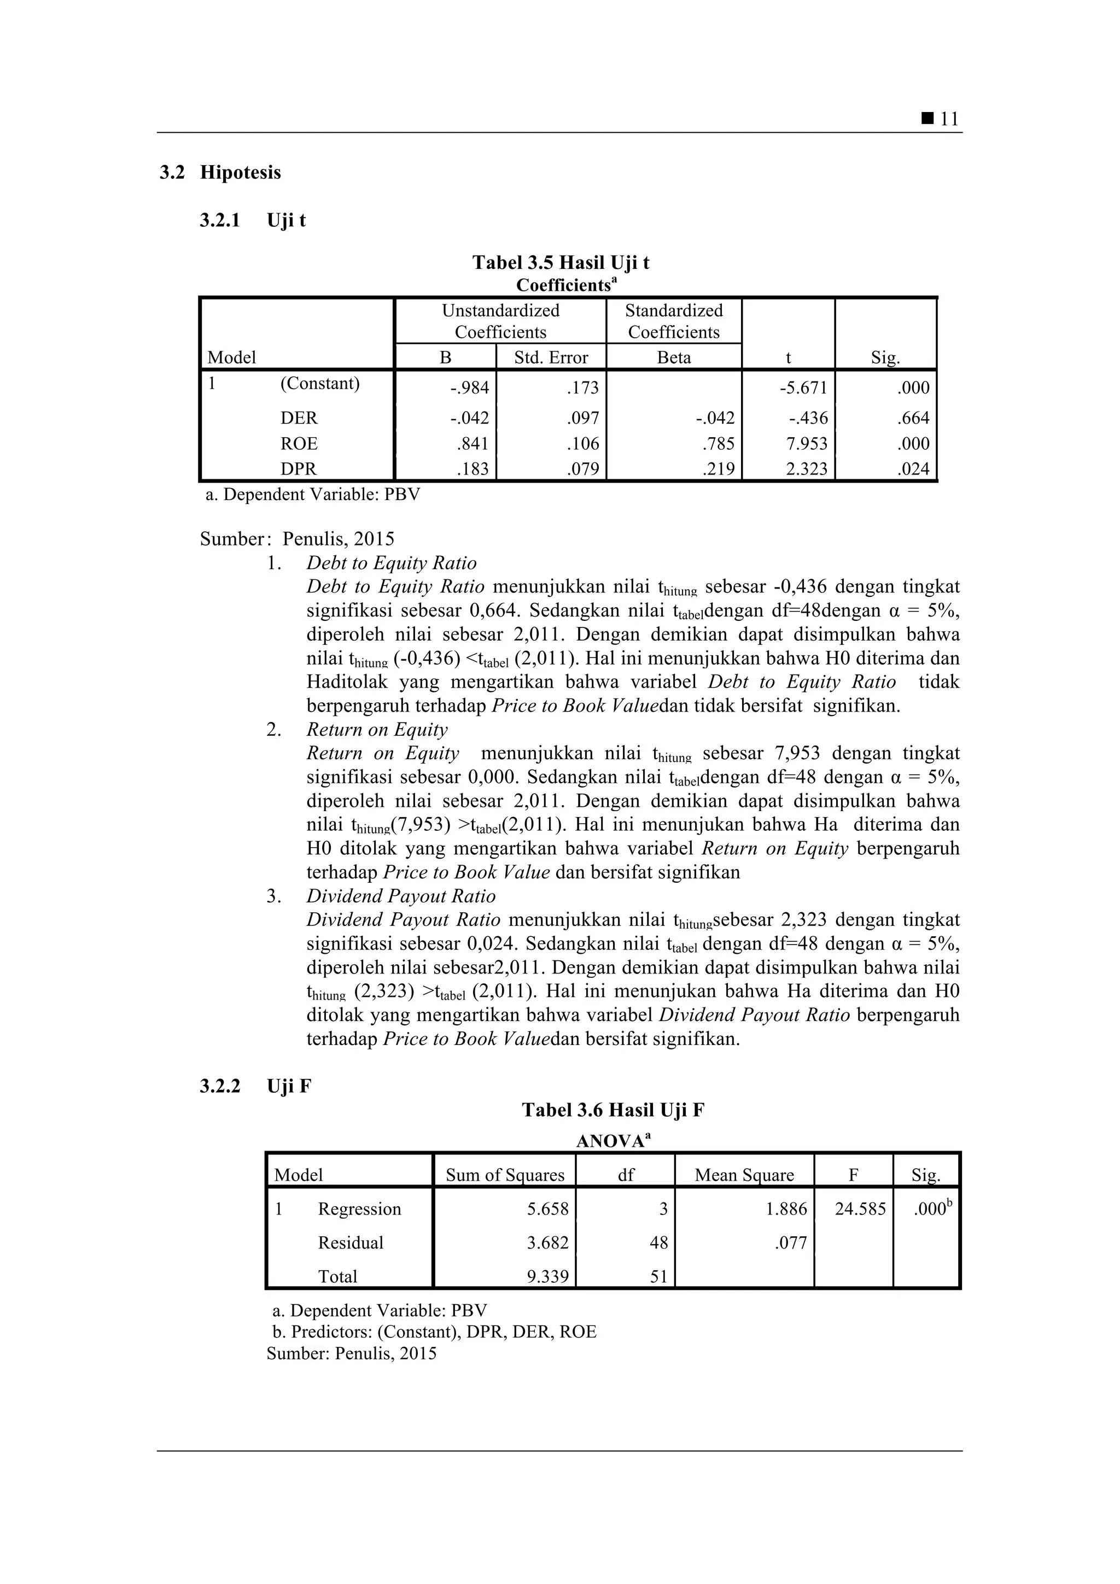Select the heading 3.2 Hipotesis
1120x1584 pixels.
220,173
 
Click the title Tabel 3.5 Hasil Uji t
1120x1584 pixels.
561,263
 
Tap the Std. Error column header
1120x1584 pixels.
551,357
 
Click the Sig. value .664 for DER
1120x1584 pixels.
913,418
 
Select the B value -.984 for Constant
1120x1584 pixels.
469,388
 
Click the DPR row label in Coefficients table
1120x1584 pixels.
298,469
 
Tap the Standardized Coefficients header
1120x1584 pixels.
674,321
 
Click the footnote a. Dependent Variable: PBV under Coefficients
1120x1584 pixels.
313,495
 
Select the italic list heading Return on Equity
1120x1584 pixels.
377,729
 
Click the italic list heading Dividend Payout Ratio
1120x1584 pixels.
401,896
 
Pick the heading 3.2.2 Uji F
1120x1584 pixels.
255,1087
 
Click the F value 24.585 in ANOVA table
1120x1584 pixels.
860,1210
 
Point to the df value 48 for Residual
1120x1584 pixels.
658,1243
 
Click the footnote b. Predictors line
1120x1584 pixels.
434,1331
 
